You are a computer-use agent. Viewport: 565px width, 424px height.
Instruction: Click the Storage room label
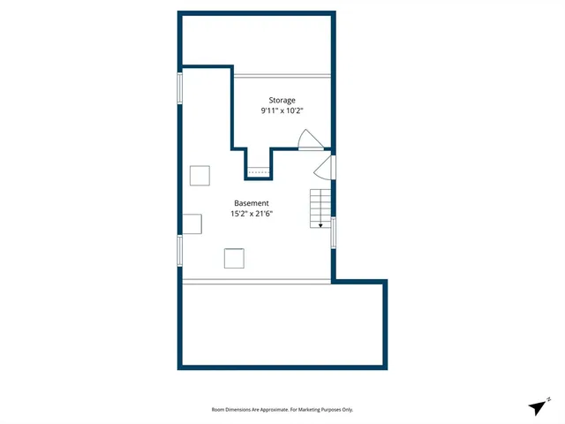pyautogui.click(x=282, y=101)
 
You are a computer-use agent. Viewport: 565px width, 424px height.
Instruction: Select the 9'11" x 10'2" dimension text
pyautogui.click(x=282, y=112)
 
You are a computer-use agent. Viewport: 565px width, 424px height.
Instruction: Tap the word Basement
pyautogui.click(x=252, y=203)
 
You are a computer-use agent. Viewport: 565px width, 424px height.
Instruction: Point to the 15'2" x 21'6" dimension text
pyautogui.click(x=252, y=215)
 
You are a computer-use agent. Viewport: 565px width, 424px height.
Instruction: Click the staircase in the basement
pyautogui.click(x=320, y=208)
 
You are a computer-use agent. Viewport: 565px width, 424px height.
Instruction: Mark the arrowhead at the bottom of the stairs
pyautogui.click(x=320, y=225)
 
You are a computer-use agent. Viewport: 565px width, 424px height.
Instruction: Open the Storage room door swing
pyautogui.click(x=310, y=140)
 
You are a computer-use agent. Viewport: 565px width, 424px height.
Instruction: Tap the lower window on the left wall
pyautogui.click(x=180, y=249)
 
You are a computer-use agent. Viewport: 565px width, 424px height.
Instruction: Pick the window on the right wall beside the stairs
pyautogui.click(x=333, y=231)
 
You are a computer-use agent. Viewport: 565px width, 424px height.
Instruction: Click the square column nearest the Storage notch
pyautogui.click(x=200, y=176)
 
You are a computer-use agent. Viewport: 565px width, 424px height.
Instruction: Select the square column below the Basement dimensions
pyautogui.click(x=234, y=258)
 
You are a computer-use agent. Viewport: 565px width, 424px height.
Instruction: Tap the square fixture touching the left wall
pyautogui.click(x=192, y=223)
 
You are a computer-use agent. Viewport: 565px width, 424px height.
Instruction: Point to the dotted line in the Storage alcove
pyautogui.click(x=258, y=171)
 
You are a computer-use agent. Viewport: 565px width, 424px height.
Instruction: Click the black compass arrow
pyautogui.click(x=537, y=407)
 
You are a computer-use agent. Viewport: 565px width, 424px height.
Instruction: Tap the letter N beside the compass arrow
pyautogui.click(x=549, y=399)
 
